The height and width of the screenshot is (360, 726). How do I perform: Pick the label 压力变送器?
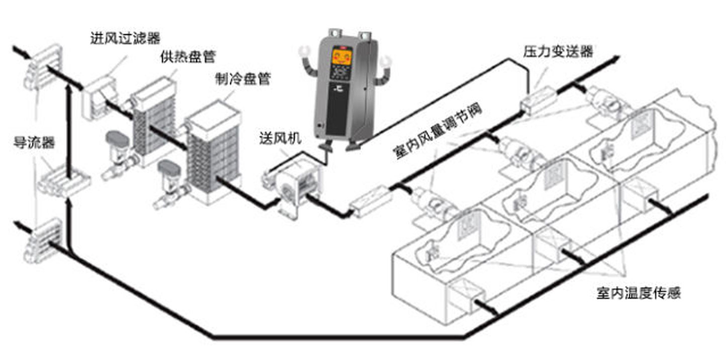point(558,51)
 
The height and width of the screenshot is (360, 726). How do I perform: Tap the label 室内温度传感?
point(639,293)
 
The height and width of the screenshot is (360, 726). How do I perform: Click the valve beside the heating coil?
point(119,153)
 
